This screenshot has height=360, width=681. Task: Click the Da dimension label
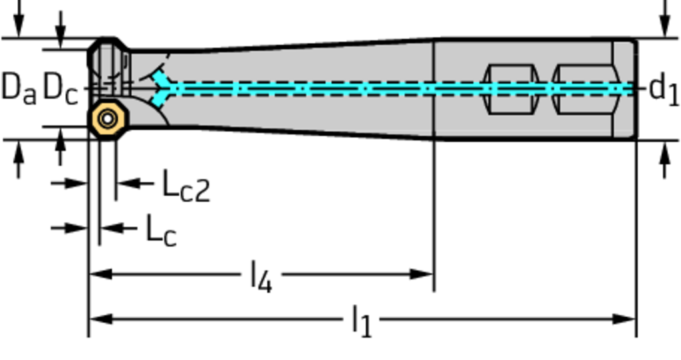(x=18, y=88)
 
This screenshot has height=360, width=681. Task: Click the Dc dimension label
(x=60, y=88)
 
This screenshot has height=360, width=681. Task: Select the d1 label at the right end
(x=663, y=89)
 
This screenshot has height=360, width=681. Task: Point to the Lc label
(x=161, y=230)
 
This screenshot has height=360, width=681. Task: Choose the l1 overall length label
(x=362, y=321)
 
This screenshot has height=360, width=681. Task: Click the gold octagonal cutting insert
(x=108, y=119)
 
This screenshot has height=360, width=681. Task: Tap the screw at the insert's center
(x=108, y=119)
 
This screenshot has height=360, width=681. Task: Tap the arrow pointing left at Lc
(x=110, y=228)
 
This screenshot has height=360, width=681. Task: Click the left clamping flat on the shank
(x=510, y=89)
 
